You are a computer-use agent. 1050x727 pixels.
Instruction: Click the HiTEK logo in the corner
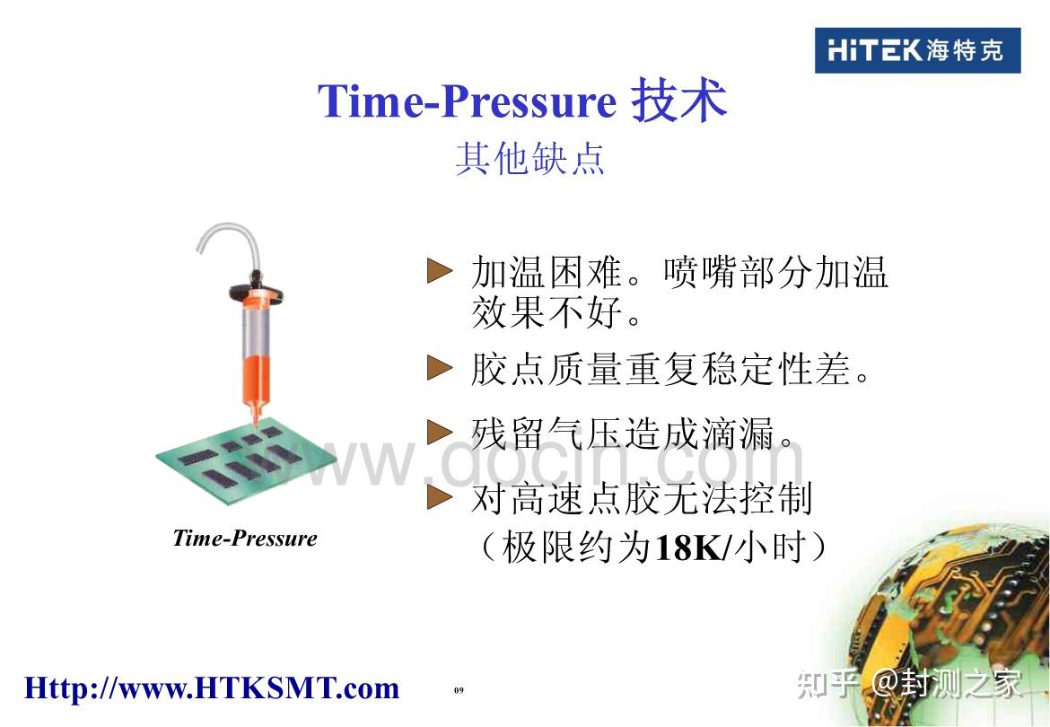point(917,50)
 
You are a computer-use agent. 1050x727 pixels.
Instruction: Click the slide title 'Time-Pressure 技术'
point(521,101)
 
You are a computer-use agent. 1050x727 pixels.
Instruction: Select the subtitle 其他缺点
point(529,158)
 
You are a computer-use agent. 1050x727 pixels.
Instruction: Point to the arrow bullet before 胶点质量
point(439,368)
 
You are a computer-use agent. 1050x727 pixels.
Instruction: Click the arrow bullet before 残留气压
point(439,433)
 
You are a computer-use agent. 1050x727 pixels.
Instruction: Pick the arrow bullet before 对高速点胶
point(439,497)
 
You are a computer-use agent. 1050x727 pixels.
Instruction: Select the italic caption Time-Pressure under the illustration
point(245,539)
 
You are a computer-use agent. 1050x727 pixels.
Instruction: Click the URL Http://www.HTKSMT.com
point(212,688)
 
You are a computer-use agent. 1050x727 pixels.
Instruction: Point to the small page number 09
point(459,689)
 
